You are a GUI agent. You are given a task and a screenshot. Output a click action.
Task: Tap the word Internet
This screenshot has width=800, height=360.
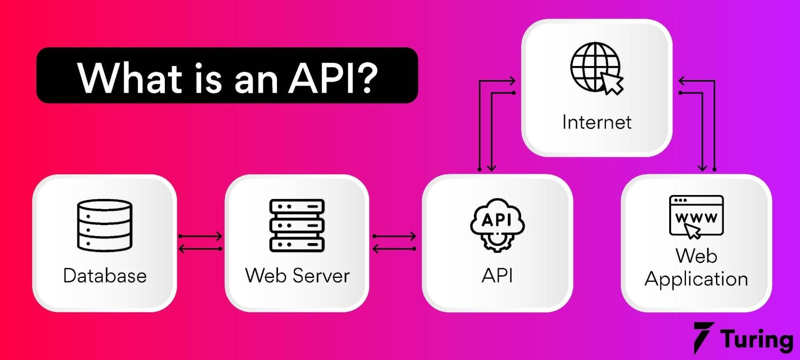(x=597, y=123)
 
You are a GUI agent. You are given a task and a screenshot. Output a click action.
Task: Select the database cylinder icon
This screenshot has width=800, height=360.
(x=104, y=225)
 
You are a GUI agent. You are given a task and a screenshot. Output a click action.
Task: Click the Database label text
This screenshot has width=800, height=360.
(x=105, y=276)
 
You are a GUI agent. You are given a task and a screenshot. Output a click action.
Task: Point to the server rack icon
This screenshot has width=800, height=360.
(x=297, y=225)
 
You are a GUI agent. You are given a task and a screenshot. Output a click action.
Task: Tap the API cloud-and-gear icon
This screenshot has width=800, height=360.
(x=497, y=225)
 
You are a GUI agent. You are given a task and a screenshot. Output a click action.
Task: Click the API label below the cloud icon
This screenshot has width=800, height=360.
(x=497, y=276)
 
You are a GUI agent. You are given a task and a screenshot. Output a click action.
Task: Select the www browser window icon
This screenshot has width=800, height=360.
(x=696, y=216)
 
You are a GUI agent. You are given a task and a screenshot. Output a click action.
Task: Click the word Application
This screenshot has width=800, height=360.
(x=696, y=279)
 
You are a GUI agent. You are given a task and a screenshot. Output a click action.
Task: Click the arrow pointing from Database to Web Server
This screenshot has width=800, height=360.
(x=200, y=236)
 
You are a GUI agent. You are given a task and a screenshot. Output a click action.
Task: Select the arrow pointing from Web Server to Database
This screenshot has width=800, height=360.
(x=200, y=249)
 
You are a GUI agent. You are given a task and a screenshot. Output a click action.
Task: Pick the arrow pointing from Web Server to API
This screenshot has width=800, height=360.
(x=395, y=236)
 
